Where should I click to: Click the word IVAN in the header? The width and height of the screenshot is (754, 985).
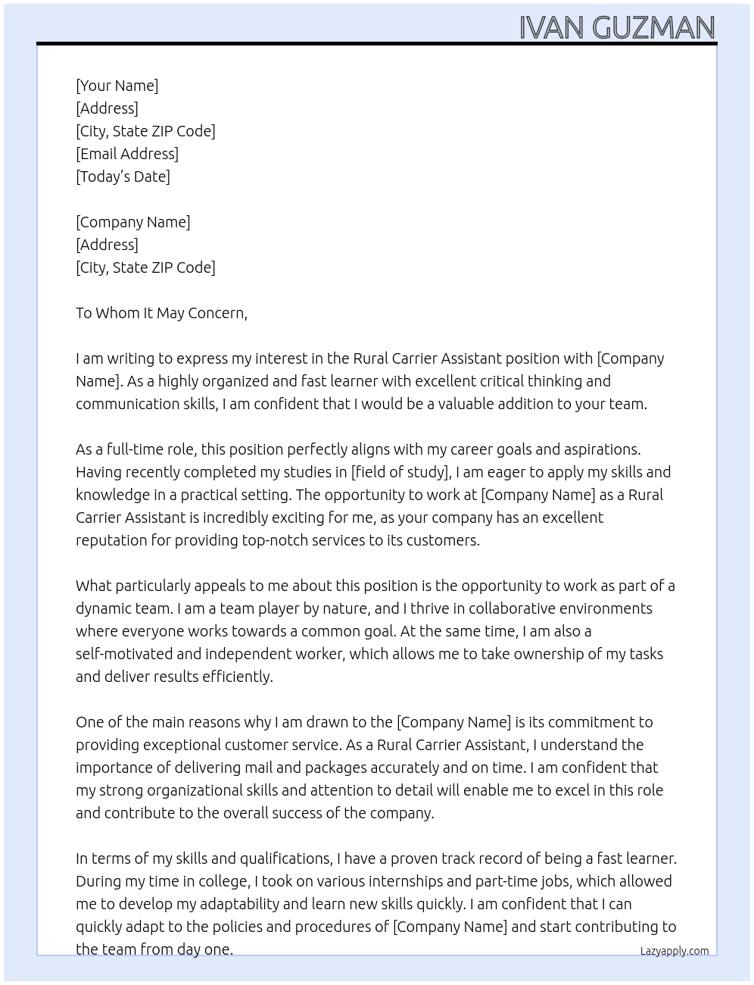tap(552, 28)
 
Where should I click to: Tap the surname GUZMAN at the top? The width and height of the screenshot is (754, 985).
tap(654, 28)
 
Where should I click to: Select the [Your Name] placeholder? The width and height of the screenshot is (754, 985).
tap(117, 86)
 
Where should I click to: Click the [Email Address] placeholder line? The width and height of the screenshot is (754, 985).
tap(127, 154)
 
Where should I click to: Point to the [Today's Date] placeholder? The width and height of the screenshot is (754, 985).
tap(123, 177)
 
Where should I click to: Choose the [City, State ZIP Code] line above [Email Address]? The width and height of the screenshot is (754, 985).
tap(145, 131)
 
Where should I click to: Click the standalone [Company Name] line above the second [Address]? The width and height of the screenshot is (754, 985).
tap(133, 222)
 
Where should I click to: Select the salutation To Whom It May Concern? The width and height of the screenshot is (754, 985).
tap(161, 313)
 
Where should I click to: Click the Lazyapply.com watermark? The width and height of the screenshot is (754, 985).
tap(675, 951)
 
